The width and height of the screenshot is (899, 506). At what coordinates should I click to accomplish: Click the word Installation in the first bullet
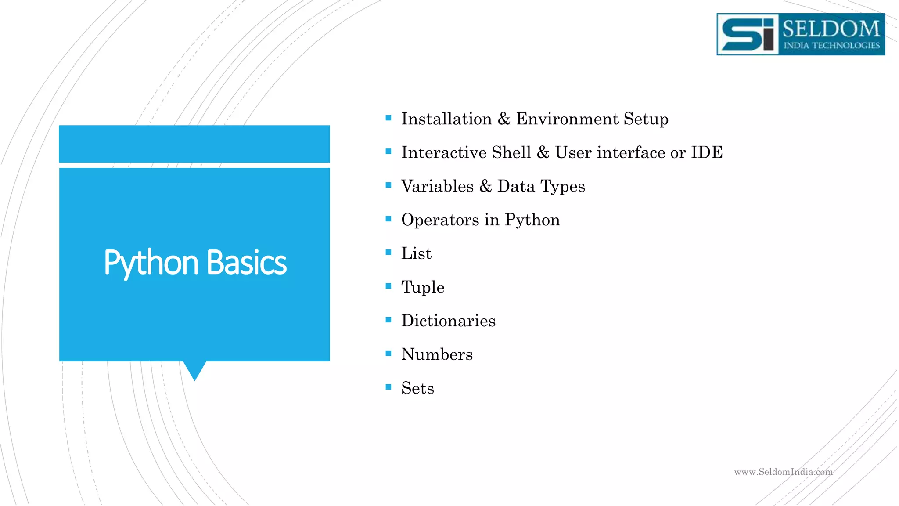[446, 119]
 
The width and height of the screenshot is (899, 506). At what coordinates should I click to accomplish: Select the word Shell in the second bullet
[511, 152]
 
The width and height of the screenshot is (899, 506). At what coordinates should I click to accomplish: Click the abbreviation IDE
[707, 152]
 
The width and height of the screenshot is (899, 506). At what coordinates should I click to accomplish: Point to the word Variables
[437, 186]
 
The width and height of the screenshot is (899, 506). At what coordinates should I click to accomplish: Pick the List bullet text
[416, 253]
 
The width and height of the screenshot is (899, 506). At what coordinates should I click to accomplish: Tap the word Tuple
[423, 288]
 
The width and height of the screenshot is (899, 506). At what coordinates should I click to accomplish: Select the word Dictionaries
[448, 321]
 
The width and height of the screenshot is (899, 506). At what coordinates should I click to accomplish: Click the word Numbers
[437, 354]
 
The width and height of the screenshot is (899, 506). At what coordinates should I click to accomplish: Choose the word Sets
[417, 388]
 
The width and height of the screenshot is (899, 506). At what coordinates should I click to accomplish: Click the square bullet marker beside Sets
[388, 387]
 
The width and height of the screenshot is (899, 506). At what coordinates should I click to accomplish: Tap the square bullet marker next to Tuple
[388, 286]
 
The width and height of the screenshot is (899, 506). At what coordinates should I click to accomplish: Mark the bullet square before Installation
[388, 118]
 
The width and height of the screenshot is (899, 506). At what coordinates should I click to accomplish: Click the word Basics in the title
[246, 263]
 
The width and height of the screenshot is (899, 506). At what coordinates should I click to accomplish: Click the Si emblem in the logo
[748, 34]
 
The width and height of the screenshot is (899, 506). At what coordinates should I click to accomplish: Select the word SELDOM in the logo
[831, 29]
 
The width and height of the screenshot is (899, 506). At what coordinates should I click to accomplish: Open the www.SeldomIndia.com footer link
[783, 472]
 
